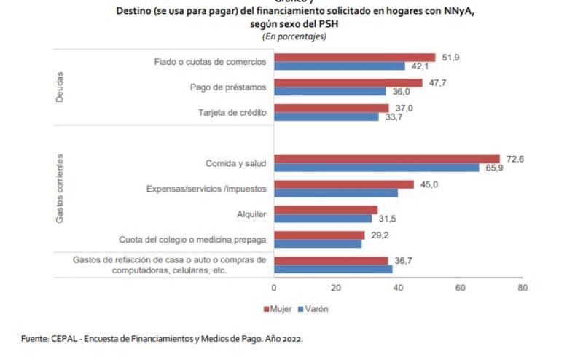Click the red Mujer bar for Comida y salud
[386, 159]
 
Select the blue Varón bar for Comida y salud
[376, 168]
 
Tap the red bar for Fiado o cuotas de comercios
[354, 57]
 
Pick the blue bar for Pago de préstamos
[329, 92]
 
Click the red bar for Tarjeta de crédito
[332, 108]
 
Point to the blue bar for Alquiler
[323, 219]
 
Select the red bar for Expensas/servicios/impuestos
[343, 184]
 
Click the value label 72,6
[516, 159]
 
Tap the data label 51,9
[451, 57]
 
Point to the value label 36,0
[402, 92]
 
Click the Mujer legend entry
[278, 309]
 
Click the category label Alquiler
[250, 214]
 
